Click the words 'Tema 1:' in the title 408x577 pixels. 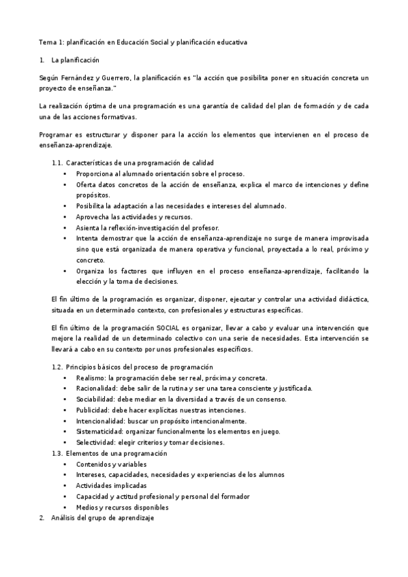point(50,42)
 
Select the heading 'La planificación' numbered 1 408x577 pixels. point(75,61)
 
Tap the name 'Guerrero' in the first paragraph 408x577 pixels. point(116,78)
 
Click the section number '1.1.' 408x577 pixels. point(57,163)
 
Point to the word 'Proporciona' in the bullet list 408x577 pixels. point(95,174)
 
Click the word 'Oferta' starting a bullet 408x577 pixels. point(86,184)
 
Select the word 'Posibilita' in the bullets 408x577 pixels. point(91,206)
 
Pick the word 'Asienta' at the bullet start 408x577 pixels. point(88,228)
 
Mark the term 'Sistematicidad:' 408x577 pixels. point(99,431)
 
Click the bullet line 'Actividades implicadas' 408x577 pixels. point(111,486)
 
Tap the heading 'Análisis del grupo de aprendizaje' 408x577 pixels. point(103,518)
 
